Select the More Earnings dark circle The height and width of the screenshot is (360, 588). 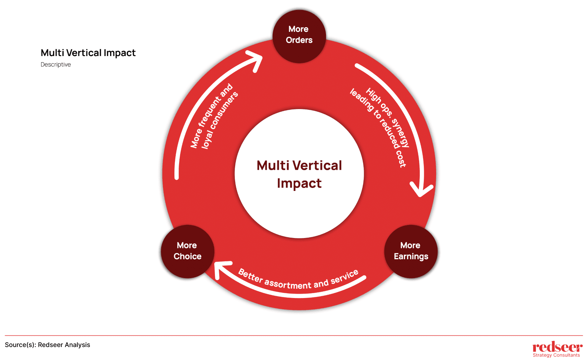coord(411,251)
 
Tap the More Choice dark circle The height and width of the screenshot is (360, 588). coord(187,251)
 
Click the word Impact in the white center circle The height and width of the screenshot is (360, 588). coord(299,184)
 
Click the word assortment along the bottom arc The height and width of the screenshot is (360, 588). coord(288,284)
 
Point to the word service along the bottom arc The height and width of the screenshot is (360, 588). coord(345,276)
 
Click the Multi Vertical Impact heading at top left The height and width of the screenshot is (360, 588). coord(88,53)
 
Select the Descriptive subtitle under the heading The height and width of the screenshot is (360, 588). coord(56,65)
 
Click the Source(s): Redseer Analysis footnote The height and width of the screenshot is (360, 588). coord(47,345)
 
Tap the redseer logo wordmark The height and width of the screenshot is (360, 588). coord(557,347)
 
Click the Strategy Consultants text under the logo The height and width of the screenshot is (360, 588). coord(556,355)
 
